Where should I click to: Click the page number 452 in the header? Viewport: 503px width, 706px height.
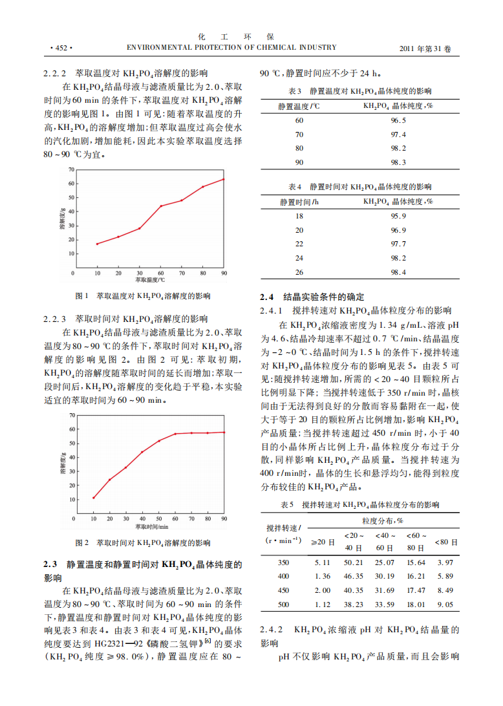61,48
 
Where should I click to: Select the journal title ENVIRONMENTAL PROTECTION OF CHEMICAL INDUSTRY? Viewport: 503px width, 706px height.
231,47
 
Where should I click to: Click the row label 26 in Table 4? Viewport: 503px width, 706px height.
299,272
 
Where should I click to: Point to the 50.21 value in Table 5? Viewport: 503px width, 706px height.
354,562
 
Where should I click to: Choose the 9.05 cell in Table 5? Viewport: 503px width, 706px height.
445,604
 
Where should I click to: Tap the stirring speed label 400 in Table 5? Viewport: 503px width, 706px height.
283,576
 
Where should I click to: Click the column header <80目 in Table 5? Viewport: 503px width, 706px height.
446,542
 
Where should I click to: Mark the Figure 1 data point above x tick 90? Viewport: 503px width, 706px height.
224,179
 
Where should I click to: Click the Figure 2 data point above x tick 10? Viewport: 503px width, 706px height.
94,498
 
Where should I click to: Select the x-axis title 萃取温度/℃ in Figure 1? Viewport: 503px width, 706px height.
150,281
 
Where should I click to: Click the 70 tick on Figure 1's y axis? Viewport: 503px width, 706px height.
71,169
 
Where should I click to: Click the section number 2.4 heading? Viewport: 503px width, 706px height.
267,297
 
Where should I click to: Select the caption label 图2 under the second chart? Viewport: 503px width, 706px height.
82,543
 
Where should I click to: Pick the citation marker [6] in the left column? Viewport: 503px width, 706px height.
208,640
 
